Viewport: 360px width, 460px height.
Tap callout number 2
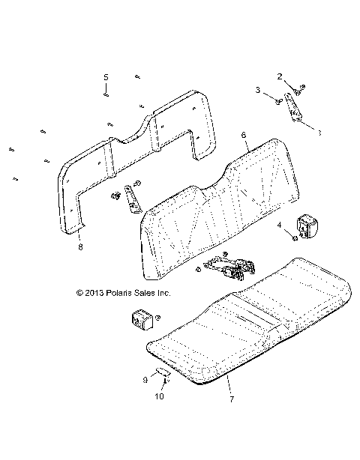pyautogui.click(x=280, y=76)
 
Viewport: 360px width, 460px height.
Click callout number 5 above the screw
pyautogui.click(x=106, y=77)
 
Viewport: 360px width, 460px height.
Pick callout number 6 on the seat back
pyautogui.click(x=244, y=136)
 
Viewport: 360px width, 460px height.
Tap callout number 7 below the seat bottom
pyautogui.click(x=232, y=399)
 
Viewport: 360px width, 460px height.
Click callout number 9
pyautogui.click(x=145, y=380)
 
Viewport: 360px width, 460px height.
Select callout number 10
pyautogui.click(x=158, y=396)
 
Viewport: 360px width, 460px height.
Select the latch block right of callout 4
pyautogui.click(x=307, y=224)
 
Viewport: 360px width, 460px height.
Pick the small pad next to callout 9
pyautogui.click(x=162, y=372)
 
